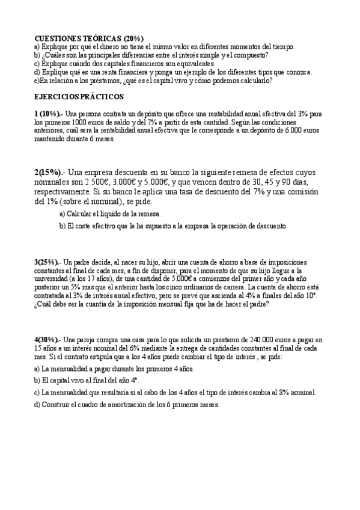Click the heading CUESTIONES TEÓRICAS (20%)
pyautogui.click(x=88, y=38)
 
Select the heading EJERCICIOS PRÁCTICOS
pyautogui.click(x=79, y=96)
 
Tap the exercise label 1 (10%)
pyautogui.click(x=48, y=114)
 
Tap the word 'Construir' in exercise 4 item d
pyautogui.click(x=58, y=405)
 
